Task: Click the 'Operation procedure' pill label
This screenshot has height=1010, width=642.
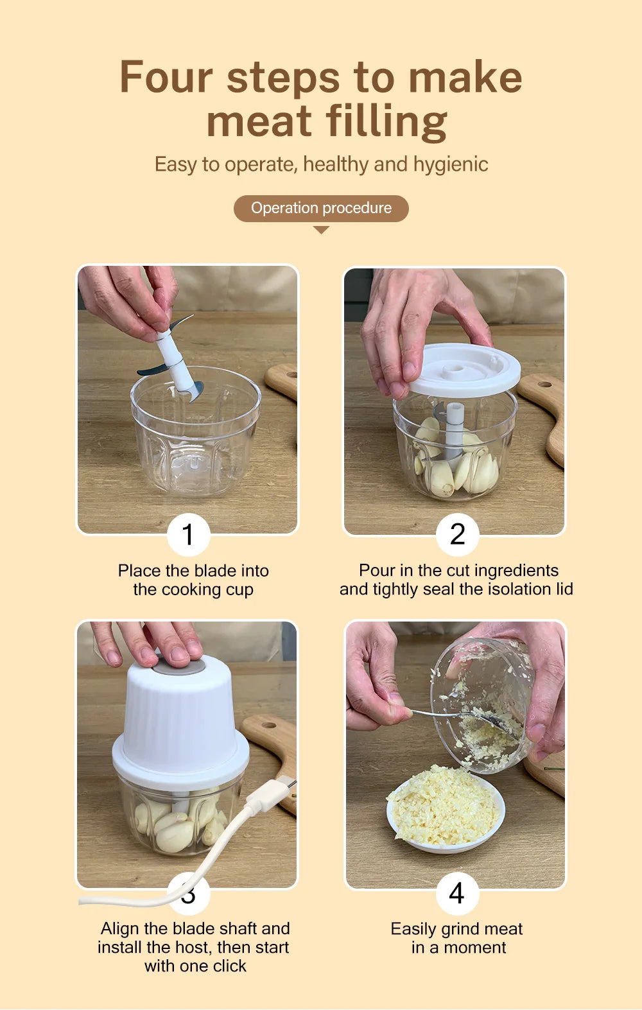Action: click(321, 208)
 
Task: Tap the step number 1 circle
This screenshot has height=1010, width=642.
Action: click(189, 535)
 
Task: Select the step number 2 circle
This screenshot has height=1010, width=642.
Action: click(457, 535)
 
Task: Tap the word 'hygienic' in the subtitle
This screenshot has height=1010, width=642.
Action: click(451, 165)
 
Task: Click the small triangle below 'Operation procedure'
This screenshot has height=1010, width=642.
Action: click(321, 230)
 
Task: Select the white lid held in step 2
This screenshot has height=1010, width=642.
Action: click(464, 370)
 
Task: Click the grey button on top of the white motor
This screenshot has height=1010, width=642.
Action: click(178, 665)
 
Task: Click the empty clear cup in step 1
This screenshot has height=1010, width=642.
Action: click(196, 431)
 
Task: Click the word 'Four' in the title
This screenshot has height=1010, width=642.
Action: click(166, 78)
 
